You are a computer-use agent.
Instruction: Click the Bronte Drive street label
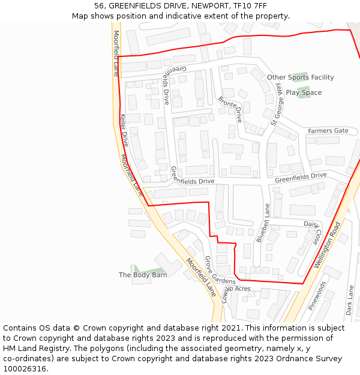coord(230,109)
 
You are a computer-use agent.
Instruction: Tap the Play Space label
coord(304,93)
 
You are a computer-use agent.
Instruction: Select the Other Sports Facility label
coord(300,77)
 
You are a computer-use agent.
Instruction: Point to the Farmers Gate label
coord(328,131)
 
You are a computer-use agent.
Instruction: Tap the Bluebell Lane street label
coord(263,223)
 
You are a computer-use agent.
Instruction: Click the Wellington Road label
coord(327,245)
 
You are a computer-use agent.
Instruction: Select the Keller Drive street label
coord(125,130)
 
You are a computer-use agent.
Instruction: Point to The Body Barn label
coord(143,275)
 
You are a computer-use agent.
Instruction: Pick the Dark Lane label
coord(350,300)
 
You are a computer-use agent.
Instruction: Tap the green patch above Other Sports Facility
coord(300,75)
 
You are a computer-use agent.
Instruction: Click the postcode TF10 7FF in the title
coord(250,6)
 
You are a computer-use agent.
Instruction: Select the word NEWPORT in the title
coord(209,6)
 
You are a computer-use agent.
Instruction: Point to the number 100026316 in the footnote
coord(25,368)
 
